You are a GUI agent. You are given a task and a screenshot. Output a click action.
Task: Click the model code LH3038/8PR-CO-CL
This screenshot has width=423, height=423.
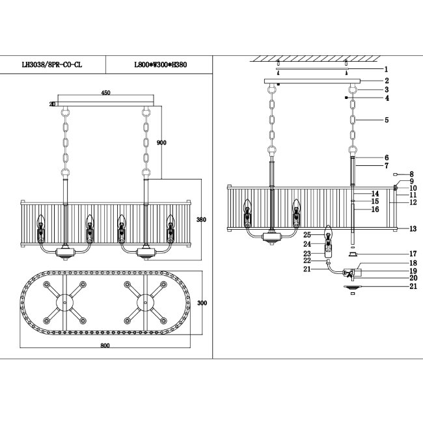click(52, 64)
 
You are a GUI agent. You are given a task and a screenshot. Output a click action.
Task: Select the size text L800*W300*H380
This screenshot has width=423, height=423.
click(161, 64)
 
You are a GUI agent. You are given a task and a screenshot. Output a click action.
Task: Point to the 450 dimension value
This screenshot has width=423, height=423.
click(105, 93)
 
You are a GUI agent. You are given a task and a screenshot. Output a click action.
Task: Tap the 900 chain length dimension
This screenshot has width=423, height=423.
click(161, 143)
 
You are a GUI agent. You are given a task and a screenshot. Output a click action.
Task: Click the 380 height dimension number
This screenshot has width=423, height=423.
click(201, 219)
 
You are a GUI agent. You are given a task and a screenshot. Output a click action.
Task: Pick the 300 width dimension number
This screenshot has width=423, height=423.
click(202, 303)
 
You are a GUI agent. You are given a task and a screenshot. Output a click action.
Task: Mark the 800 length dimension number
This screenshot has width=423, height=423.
click(105, 346)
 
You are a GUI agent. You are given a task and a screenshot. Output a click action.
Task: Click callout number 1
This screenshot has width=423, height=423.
click(386, 70)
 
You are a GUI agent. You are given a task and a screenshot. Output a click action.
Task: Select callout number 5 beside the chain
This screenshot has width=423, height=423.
click(387, 120)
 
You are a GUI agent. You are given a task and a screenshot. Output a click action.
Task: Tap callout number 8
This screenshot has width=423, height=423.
click(411, 174)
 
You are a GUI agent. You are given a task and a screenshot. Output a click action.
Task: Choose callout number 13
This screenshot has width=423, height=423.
click(413, 229)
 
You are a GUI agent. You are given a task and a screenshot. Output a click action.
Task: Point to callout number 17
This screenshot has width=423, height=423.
click(413, 254)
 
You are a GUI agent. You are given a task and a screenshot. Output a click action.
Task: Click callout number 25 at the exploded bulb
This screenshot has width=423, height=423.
click(307, 235)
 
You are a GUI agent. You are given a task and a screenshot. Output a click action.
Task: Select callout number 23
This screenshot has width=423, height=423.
click(307, 254)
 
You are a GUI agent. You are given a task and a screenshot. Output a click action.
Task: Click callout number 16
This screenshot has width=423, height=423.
click(375, 210)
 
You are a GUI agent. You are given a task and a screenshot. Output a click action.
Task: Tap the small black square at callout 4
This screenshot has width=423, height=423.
click(346, 98)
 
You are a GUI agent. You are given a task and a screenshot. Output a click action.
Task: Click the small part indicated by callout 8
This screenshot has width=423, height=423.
click(396, 174)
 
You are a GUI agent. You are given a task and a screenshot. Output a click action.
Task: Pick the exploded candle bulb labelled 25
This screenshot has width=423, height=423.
click(328, 234)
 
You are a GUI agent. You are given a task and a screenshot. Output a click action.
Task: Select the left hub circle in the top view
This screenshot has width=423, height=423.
click(64, 303)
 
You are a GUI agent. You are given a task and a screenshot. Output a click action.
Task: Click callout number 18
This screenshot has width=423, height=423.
click(413, 263)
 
